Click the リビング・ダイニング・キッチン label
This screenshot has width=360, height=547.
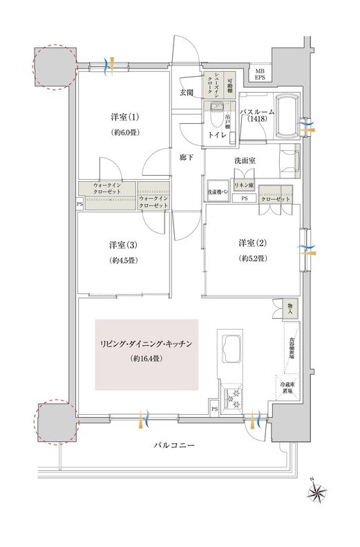pyautogui.click(x=146, y=344)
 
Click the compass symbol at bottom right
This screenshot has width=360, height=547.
pyautogui.click(x=319, y=493)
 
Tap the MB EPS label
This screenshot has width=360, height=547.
pyautogui.click(x=260, y=74)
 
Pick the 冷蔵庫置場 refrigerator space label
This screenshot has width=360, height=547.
pyautogui.click(x=285, y=387)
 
